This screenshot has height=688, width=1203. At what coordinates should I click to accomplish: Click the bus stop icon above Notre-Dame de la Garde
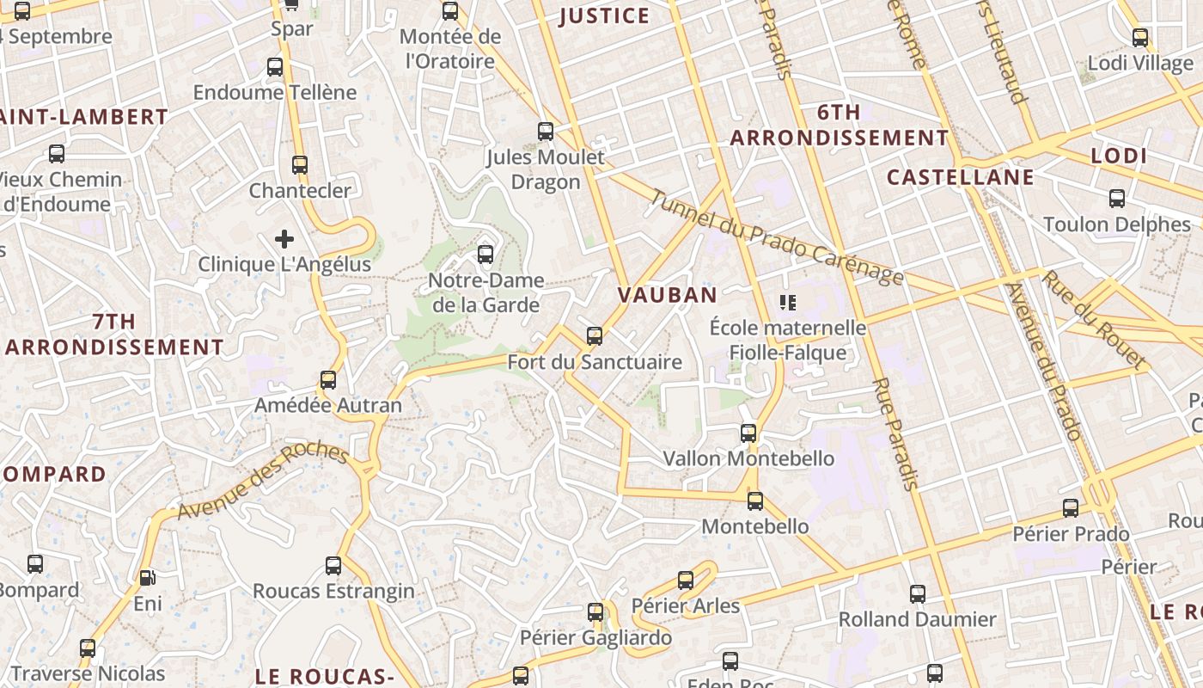point(485,255)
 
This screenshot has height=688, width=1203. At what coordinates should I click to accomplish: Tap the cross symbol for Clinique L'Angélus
point(284,239)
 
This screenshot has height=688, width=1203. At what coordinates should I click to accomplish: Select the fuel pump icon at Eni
point(148,578)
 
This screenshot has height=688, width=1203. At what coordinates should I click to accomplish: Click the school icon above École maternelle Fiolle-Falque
point(787,302)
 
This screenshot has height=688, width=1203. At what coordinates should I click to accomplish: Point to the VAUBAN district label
point(668,295)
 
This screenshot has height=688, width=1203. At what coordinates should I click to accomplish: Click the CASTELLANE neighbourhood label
point(960,178)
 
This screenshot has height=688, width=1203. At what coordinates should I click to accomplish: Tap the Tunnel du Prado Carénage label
point(776,236)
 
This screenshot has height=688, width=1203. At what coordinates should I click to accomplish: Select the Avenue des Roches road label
point(262,482)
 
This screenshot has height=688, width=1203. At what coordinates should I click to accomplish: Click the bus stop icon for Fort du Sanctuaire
point(594,336)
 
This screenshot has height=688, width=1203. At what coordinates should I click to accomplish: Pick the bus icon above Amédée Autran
point(327,379)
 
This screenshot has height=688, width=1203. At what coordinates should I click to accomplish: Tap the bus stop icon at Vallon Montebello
point(748,433)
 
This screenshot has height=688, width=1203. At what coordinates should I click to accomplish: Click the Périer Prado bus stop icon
point(1070,508)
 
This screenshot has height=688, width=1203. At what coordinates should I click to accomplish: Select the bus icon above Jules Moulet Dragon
point(546,132)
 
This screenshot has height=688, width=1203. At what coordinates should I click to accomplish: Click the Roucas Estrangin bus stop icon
point(333,566)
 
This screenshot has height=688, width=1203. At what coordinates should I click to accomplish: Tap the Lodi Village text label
point(1140,64)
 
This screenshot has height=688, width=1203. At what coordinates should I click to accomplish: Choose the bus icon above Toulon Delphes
point(1117,199)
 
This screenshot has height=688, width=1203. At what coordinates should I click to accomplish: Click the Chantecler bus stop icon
point(300,164)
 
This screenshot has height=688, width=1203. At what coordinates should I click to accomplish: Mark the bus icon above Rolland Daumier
point(918,593)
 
